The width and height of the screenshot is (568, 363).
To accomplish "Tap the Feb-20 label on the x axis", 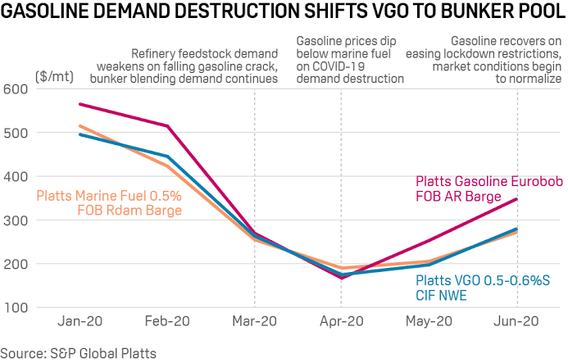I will click(168, 322).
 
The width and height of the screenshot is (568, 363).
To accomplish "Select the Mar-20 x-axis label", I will click(255, 322).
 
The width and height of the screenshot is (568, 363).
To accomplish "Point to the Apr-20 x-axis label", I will click(342, 322).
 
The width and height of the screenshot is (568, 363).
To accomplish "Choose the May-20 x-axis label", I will click(429, 322).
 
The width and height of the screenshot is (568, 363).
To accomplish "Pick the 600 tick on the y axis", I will click(18, 89).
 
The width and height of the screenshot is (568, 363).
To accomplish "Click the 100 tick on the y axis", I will click(18, 308).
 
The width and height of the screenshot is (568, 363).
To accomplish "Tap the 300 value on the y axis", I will click(18, 220).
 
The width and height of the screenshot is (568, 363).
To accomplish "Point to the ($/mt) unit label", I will click(54, 75).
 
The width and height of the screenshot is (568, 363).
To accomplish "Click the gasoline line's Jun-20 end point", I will click(516, 199).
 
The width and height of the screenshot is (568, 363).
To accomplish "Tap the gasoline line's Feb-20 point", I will click(168, 126).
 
